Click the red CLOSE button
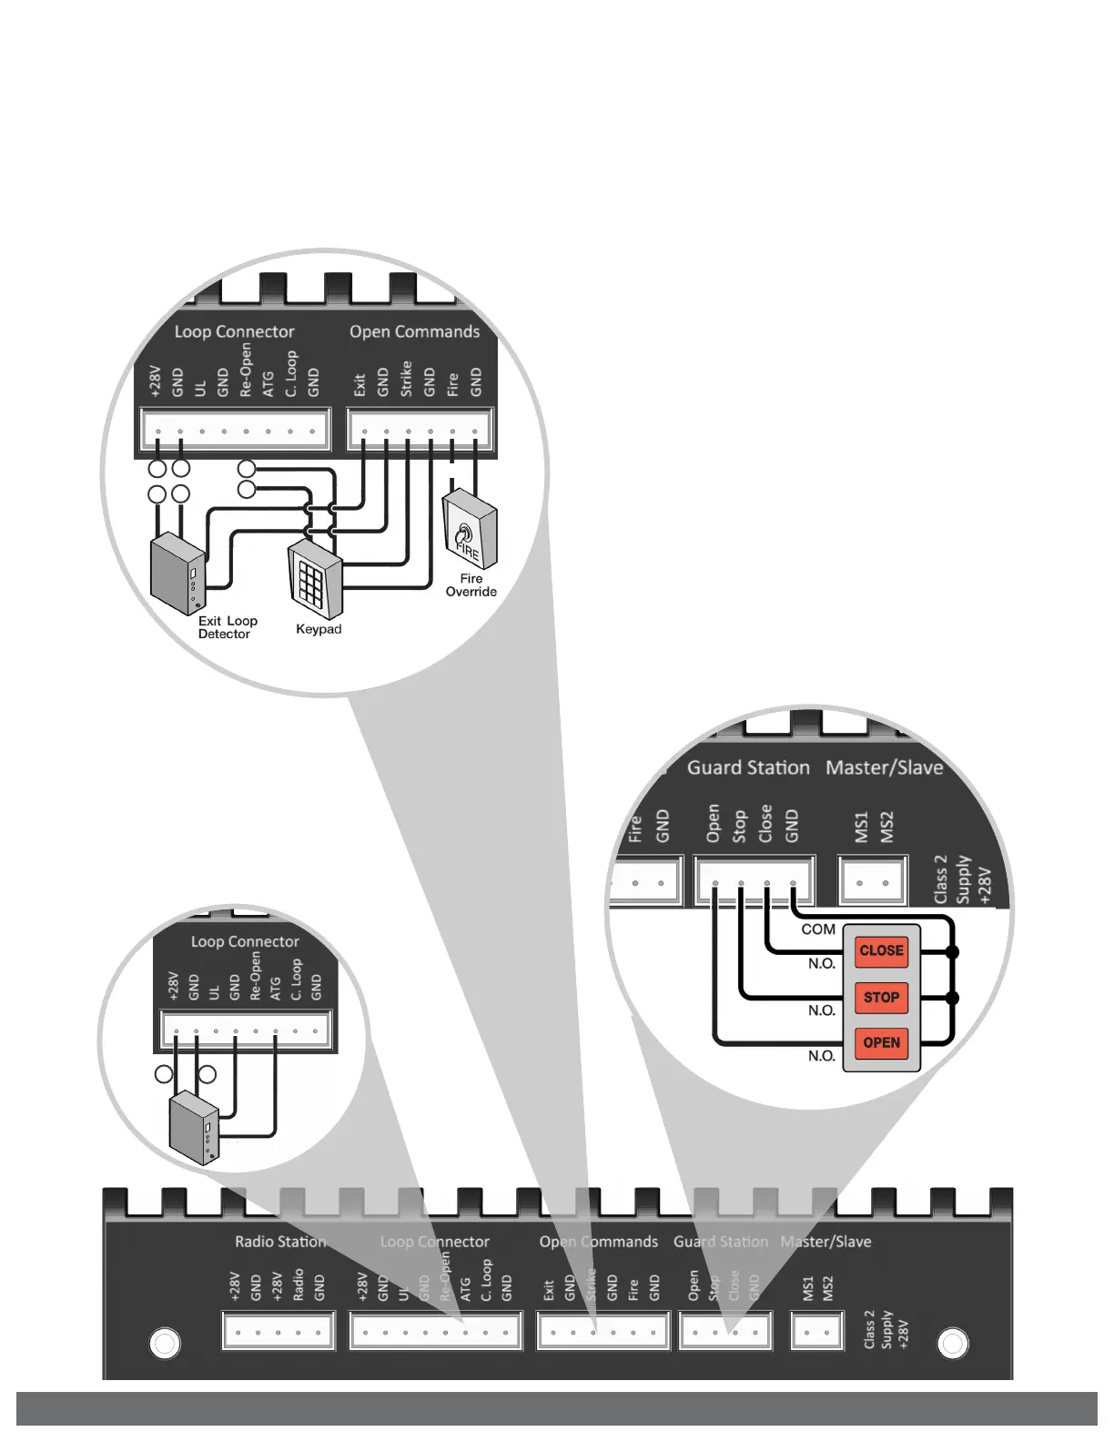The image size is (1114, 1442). pyautogui.click(x=881, y=951)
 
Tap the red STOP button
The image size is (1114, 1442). pyautogui.click(x=881, y=998)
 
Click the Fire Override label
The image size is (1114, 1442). pyautogui.click(x=471, y=585)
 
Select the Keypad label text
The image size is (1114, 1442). pyautogui.click(x=319, y=629)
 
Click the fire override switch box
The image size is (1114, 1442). pyautogui.click(x=470, y=531)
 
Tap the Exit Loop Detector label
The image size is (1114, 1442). pyautogui.click(x=228, y=627)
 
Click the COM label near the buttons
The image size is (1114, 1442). pyautogui.click(x=818, y=929)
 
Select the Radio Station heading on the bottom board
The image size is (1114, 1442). pyautogui.click(x=280, y=1242)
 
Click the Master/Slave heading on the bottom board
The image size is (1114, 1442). pyautogui.click(x=825, y=1242)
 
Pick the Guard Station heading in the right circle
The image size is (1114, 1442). pyautogui.click(x=748, y=767)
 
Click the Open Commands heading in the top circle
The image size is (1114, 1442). pyautogui.click(x=414, y=332)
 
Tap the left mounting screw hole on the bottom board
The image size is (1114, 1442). pyautogui.click(x=165, y=1343)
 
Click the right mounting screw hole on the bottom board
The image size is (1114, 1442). pyautogui.click(x=953, y=1343)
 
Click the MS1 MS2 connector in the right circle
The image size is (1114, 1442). pyautogui.click(x=873, y=881)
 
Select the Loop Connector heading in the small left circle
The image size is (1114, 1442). pyautogui.click(x=245, y=941)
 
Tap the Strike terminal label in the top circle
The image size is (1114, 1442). pyautogui.click(x=406, y=379)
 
